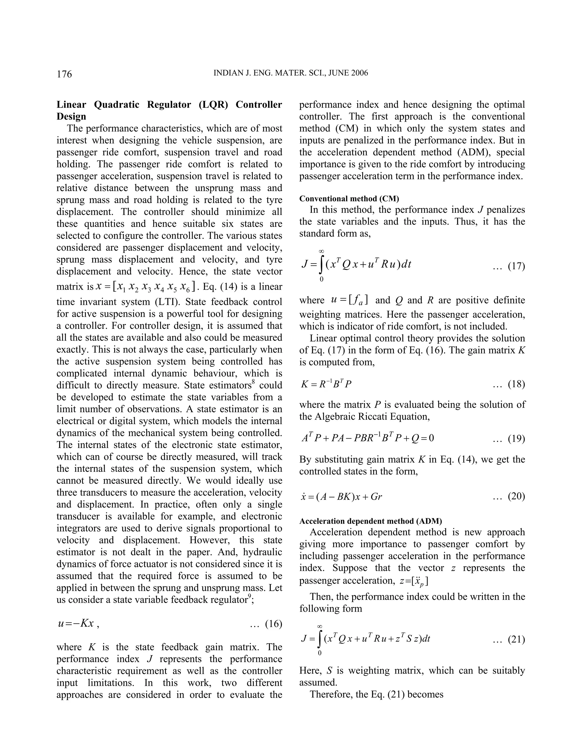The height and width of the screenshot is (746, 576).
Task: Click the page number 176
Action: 64,74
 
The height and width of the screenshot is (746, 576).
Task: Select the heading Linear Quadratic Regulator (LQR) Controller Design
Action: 169,110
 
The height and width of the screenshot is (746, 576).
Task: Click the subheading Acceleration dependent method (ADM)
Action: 371,521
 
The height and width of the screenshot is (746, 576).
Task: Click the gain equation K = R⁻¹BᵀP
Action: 326,384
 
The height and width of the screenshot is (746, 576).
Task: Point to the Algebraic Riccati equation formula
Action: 368,438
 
